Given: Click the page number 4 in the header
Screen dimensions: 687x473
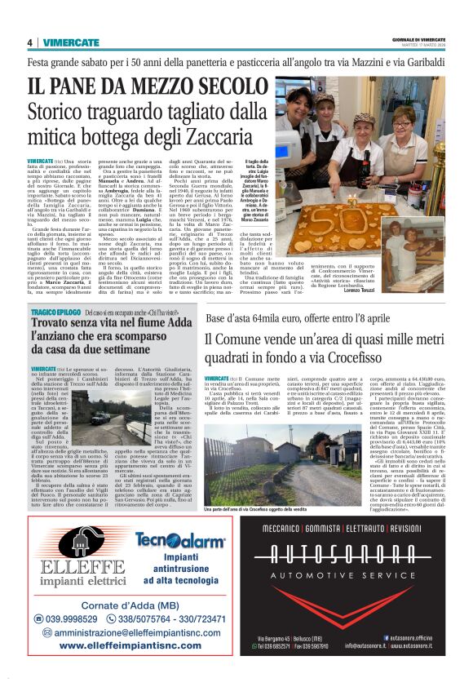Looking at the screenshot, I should (29, 43).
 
